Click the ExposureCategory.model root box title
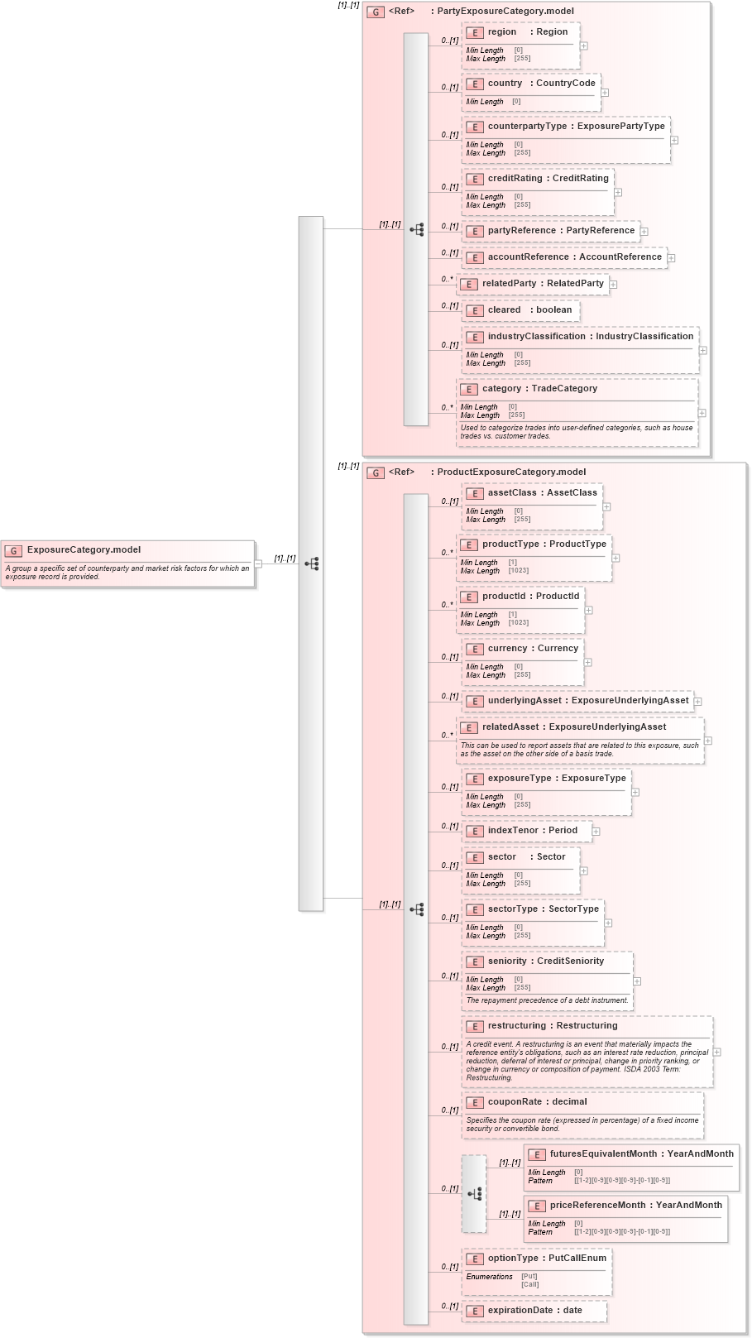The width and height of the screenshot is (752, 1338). click(x=84, y=549)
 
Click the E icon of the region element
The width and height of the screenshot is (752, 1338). click(x=475, y=33)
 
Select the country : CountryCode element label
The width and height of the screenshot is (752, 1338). click(x=541, y=84)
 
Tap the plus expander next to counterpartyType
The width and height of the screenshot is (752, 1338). click(x=674, y=140)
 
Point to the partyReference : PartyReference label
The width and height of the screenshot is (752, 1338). click(x=561, y=231)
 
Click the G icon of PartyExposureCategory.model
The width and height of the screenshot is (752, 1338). click(x=376, y=12)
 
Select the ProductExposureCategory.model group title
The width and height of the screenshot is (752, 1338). click(x=510, y=472)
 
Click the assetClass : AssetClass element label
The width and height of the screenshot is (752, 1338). click(x=542, y=493)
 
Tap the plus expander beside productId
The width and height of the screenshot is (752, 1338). click(x=588, y=610)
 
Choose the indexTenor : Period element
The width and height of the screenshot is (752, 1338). click(x=532, y=831)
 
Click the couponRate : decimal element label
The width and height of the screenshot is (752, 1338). click(x=537, y=1102)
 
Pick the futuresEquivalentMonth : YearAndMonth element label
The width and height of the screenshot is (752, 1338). click(x=641, y=1154)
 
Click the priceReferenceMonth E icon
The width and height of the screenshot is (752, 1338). click(x=537, y=1206)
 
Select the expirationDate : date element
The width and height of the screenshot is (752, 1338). click(x=534, y=1311)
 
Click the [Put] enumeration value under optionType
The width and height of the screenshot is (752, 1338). click(x=529, y=1276)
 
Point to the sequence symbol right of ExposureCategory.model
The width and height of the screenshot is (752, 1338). click(x=311, y=563)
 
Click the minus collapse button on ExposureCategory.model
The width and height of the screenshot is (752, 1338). click(x=258, y=563)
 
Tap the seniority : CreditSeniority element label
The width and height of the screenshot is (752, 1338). click(x=545, y=962)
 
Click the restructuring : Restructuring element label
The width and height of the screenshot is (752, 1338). click(x=552, y=1026)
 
